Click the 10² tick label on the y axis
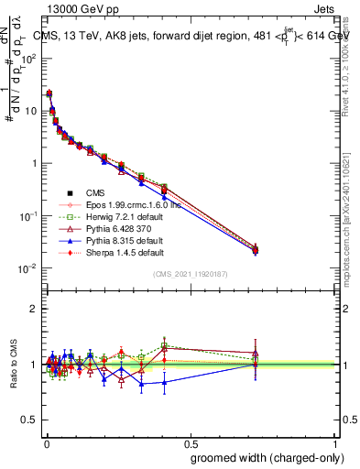click(30, 58)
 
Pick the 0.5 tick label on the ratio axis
click(31, 420)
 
